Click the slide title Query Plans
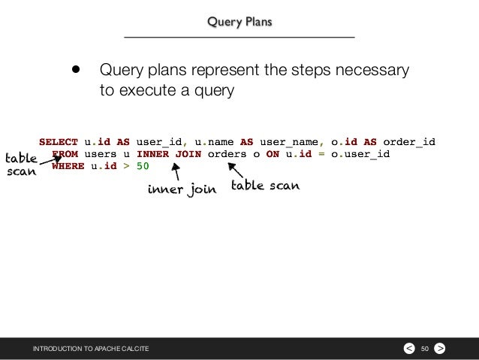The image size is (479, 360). (240, 22)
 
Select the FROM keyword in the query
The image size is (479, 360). (65, 154)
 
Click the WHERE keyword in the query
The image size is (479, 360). (68, 167)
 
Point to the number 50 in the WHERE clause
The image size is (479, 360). (143, 167)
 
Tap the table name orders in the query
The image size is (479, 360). (227, 154)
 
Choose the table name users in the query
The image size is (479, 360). (100, 154)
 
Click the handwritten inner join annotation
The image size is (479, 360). (182, 189)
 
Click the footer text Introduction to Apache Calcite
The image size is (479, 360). (90, 349)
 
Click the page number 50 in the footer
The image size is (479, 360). (424, 349)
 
